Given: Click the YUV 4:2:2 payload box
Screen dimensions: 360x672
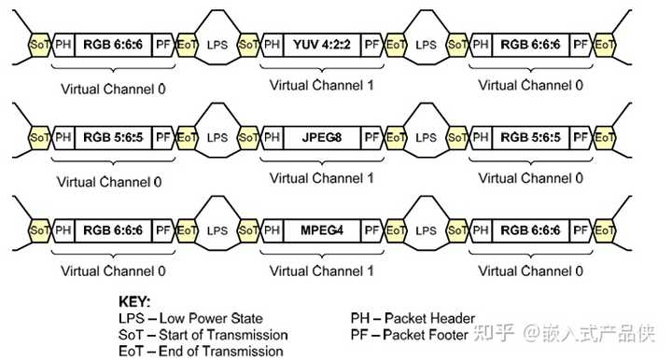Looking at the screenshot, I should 322,44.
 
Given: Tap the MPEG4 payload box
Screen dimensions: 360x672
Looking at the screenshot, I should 322,228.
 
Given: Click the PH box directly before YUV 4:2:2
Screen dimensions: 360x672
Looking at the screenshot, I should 272,44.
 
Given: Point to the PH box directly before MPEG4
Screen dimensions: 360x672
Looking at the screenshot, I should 272,228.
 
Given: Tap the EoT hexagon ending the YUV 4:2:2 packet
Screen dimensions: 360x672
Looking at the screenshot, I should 396,44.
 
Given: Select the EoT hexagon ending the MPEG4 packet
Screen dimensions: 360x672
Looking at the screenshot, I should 396,228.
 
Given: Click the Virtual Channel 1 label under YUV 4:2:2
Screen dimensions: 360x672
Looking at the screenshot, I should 321,85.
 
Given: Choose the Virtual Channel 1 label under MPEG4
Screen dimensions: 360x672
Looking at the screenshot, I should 321,270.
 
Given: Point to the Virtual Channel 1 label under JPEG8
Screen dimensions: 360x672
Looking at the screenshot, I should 321,177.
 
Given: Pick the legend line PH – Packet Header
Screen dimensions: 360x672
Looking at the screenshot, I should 413,318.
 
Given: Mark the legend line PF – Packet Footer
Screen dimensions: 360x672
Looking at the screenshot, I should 411,334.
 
